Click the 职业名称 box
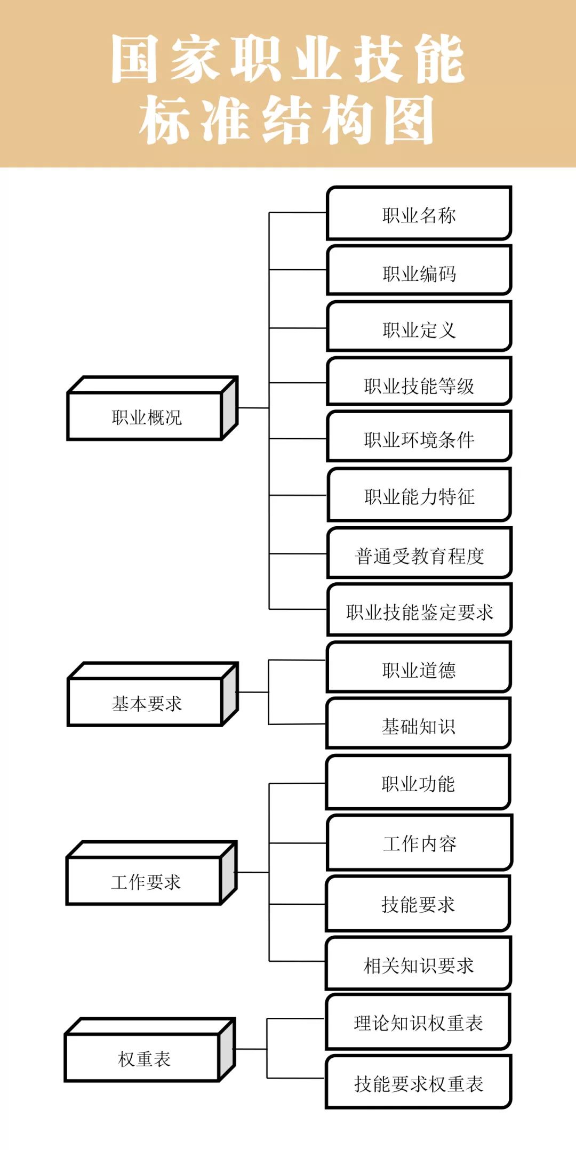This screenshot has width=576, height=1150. coord(419,214)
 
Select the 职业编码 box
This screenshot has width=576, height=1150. coord(419,271)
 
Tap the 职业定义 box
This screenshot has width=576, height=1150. coord(419,327)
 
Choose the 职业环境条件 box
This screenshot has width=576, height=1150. coord(419,438)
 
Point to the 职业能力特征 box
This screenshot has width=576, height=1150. coord(419,495)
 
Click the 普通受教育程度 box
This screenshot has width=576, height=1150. coord(419,554)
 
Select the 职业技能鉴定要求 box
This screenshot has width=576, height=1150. coord(419,610)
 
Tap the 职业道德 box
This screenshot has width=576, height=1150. coord(419,668)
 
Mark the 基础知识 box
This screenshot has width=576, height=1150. coord(419,725)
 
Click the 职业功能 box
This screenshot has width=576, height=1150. coord(418,783)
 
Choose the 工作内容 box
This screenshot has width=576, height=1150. coord(419,843)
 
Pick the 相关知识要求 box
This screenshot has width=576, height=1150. coord(419,964)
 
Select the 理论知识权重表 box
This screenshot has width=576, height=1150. coord(418,1022)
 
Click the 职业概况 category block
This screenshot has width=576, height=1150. coord(146,416)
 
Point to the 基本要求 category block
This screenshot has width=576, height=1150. coord(146,702)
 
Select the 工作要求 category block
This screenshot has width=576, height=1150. coord(145,881)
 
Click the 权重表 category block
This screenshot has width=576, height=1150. coord(143,1058)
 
